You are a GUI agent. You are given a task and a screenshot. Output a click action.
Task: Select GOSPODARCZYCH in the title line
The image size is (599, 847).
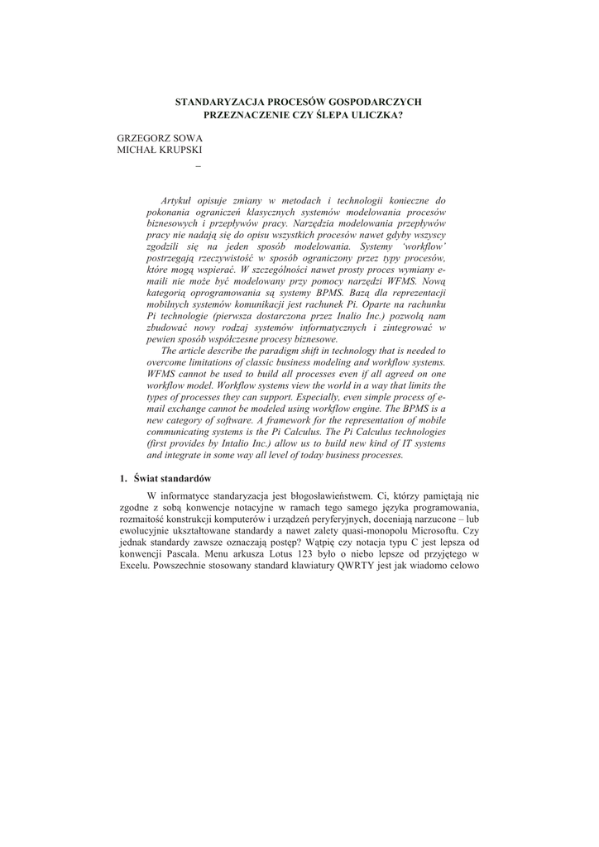pos(376,101)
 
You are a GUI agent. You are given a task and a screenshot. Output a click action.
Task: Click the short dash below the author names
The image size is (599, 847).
pos(197,169)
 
